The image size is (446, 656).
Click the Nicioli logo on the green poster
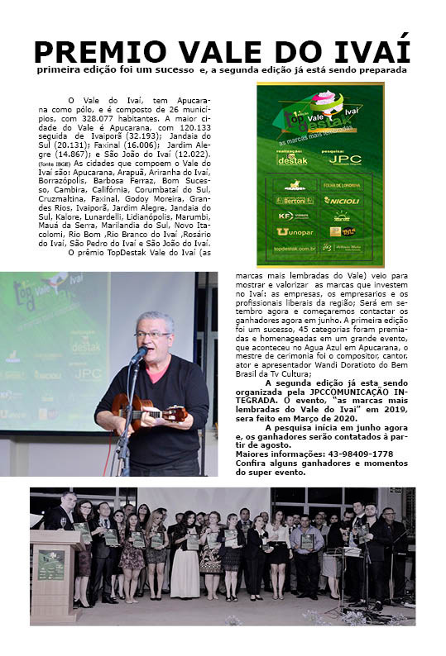(340, 201)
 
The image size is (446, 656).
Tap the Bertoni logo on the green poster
(295, 201)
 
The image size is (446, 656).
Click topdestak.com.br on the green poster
(295, 248)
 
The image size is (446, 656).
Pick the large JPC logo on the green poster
(345, 159)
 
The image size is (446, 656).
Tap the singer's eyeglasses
(153, 334)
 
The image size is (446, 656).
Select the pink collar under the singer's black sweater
(157, 368)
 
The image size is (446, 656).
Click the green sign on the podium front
(51, 564)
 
